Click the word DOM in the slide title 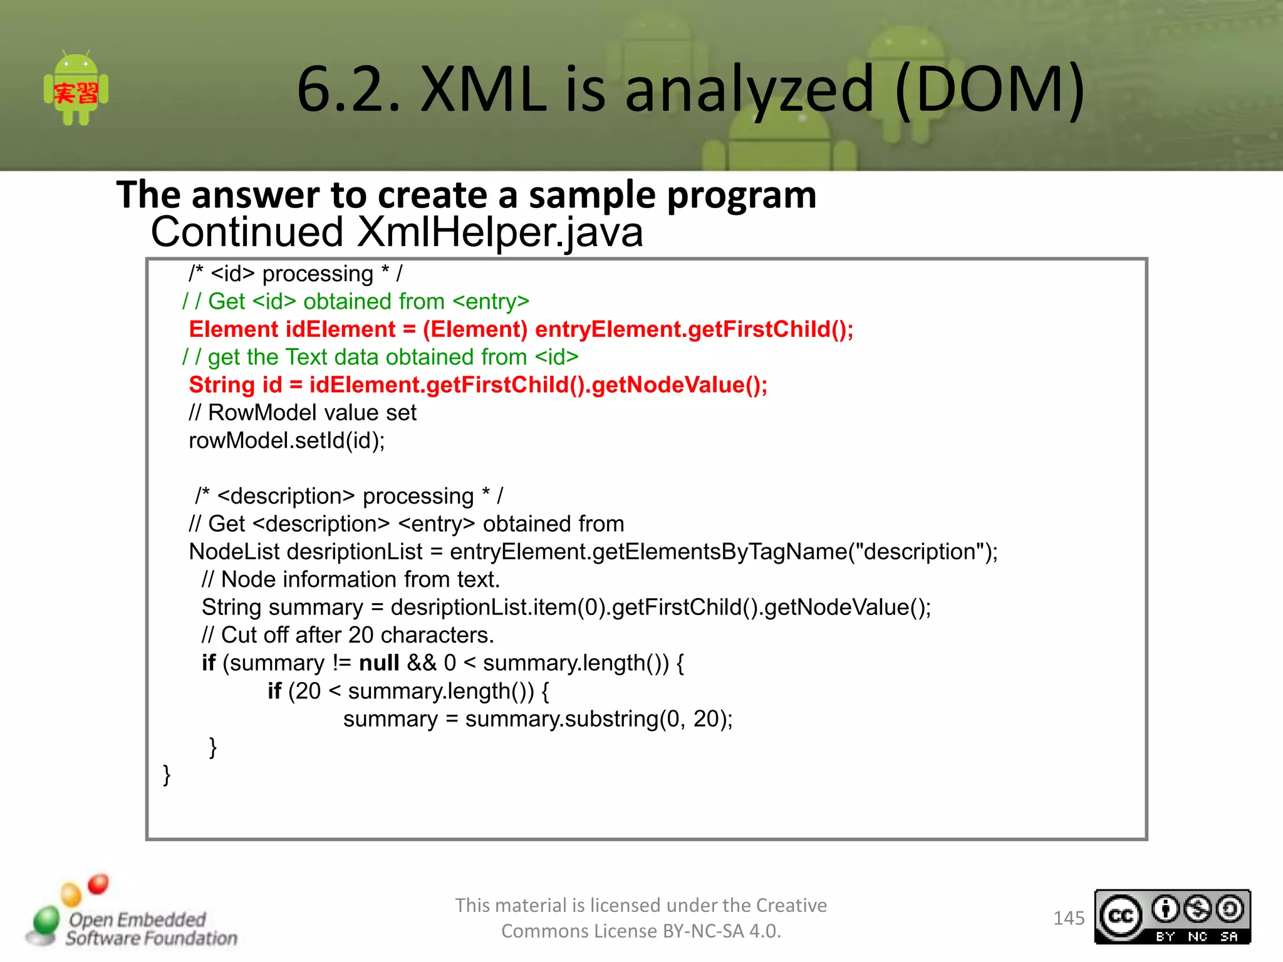(x=990, y=89)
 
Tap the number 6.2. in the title (x=348, y=89)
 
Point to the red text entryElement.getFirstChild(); (x=694, y=329)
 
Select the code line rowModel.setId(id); (x=287, y=441)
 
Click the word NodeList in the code (x=234, y=552)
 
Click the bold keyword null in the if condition (x=379, y=663)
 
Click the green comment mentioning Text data (x=380, y=357)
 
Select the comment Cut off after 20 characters (x=348, y=635)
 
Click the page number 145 (x=1069, y=918)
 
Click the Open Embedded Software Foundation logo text (x=150, y=929)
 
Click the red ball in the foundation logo (x=98, y=884)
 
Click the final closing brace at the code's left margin (x=167, y=775)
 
